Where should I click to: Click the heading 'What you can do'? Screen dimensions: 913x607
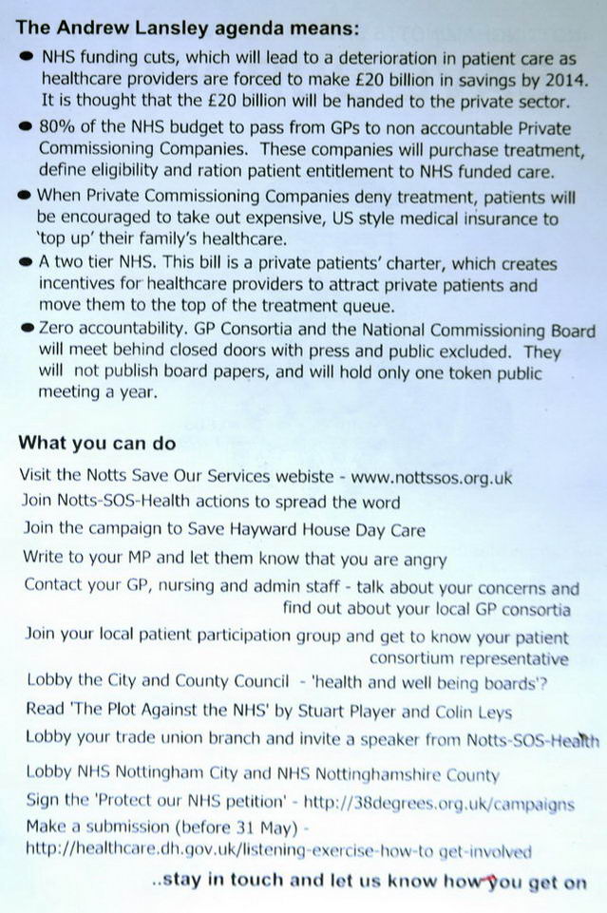click(98, 444)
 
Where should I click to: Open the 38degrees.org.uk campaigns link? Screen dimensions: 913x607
click(446, 804)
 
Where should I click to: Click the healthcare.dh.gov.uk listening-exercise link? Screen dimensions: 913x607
click(278, 851)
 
